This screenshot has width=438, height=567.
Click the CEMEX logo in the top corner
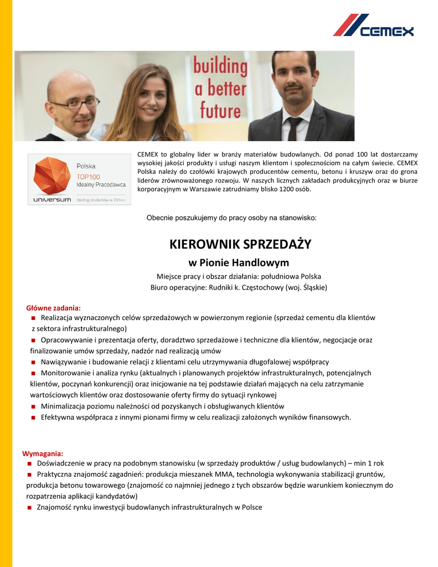click(x=373, y=25)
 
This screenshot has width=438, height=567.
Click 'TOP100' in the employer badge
click(x=89, y=176)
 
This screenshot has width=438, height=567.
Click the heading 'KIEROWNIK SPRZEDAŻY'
click(x=240, y=244)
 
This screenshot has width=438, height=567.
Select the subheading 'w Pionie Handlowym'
click(x=239, y=262)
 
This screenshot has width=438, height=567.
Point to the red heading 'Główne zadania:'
click(x=54, y=308)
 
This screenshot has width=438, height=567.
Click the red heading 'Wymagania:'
click(x=43, y=453)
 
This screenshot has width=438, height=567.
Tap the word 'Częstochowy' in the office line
click(x=260, y=287)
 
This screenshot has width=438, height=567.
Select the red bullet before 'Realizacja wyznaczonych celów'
click(x=34, y=318)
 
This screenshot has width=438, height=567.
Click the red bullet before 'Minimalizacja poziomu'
click(x=34, y=407)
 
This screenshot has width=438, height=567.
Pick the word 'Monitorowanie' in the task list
click(x=65, y=373)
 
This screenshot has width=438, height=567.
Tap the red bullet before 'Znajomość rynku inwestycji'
click(x=29, y=508)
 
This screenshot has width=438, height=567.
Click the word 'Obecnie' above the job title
click(x=160, y=218)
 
